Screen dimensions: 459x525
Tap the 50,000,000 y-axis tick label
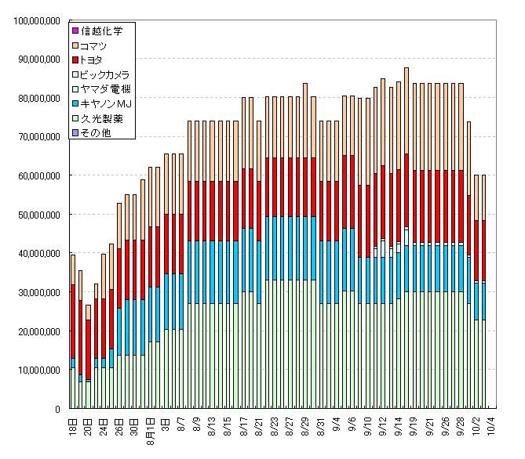tap(35, 215)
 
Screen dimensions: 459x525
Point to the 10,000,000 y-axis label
tap(35, 370)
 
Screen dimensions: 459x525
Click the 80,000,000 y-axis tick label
tap(35, 98)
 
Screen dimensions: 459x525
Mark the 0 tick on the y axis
tap(57, 409)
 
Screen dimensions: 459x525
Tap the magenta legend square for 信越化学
tap(75, 31)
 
